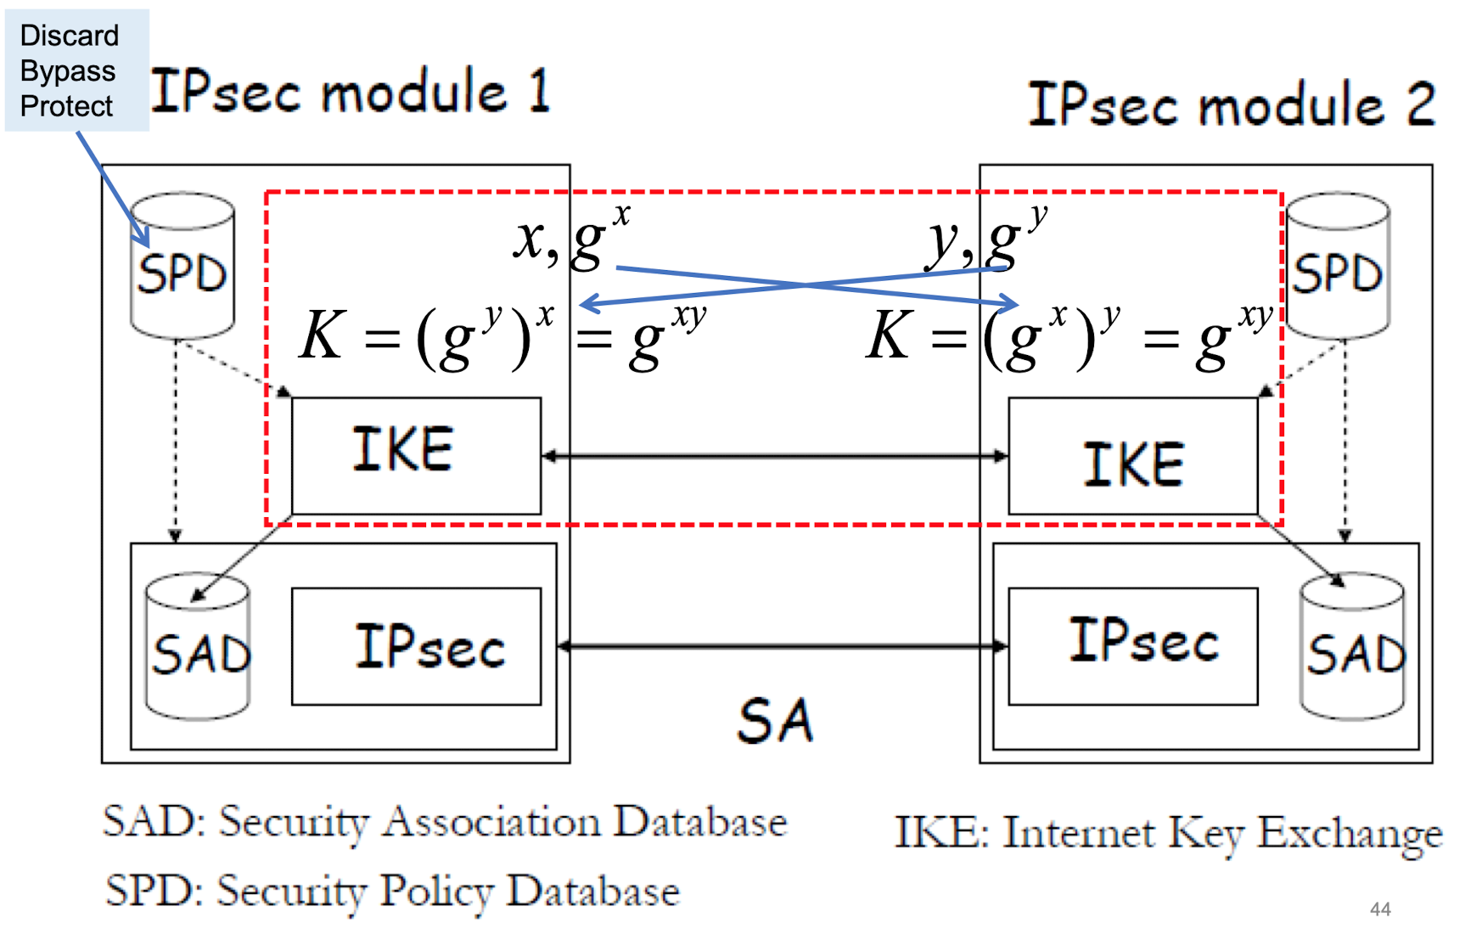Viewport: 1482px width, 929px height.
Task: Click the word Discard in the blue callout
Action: pyautogui.click(x=69, y=36)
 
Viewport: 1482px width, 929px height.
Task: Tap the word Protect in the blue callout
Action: pyautogui.click(x=66, y=106)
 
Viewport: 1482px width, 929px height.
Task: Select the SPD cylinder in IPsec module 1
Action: pyautogui.click(x=182, y=267)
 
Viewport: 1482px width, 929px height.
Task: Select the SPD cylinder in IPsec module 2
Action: pyautogui.click(x=1338, y=267)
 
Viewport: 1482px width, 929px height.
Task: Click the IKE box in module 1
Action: pyautogui.click(x=416, y=455)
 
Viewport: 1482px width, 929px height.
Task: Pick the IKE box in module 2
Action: pyautogui.click(x=1132, y=457)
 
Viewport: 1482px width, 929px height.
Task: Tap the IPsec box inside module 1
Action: pyautogui.click(x=416, y=646)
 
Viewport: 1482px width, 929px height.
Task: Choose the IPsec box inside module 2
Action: pyautogui.click(x=1132, y=645)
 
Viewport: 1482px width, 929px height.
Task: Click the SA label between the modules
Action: pyautogui.click(x=775, y=722)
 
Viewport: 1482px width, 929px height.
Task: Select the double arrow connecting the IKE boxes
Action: pyautogui.click(x=774, y=456)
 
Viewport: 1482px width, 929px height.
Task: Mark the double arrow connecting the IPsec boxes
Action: pyautogui.click(x=781, y=646)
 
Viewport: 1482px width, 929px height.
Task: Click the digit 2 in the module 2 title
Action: pyautogui.click(x=1419, y=104)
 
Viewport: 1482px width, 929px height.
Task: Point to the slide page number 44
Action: pyautogui.click(x=1380, y=909)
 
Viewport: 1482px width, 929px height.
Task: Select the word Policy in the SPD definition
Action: pyautogui.click(x=436, y=892)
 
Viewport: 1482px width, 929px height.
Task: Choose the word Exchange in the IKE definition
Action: pyautogui.click(x=1350, y=834)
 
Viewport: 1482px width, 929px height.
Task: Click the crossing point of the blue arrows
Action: pyautogui.click(x=804, y=285)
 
